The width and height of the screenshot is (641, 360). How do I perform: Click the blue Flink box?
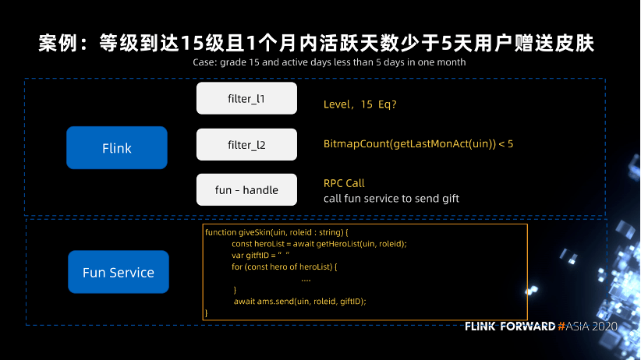[x=117, y=147]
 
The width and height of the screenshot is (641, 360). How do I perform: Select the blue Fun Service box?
[x=119, y=272]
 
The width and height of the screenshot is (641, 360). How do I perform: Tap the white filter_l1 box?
[x=246, y=98]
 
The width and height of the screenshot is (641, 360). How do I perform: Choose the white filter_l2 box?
[x=246, y=144]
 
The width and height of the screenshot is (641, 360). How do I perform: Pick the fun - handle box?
[x=246, y=189]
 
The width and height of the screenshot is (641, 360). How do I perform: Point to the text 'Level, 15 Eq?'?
[x=359, y=104]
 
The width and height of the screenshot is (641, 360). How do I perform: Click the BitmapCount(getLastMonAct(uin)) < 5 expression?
[x=418, y=144]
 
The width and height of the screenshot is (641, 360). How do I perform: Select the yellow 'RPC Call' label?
[x=344, y=183]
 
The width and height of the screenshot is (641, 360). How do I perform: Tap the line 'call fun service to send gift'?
[x=391, y=199]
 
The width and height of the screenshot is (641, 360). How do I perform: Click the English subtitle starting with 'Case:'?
[x=329, y=62]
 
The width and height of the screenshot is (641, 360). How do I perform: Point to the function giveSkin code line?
[x=276, y=232]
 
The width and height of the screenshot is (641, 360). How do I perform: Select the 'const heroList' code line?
[x=319, y=244]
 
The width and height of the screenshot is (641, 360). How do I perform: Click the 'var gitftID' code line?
[x=260, y=256]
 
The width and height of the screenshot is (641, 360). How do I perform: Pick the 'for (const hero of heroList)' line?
[x=284, y=266]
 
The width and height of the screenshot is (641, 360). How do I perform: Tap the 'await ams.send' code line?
[x=299, y=301]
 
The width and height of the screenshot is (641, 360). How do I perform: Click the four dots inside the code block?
[x=306, y=281]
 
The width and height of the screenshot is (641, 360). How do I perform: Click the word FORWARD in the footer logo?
[x=527, y=326]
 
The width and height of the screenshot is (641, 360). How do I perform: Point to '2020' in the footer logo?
[x=604, y=326]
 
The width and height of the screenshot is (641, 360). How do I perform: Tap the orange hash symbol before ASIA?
[x=561, y=326]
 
